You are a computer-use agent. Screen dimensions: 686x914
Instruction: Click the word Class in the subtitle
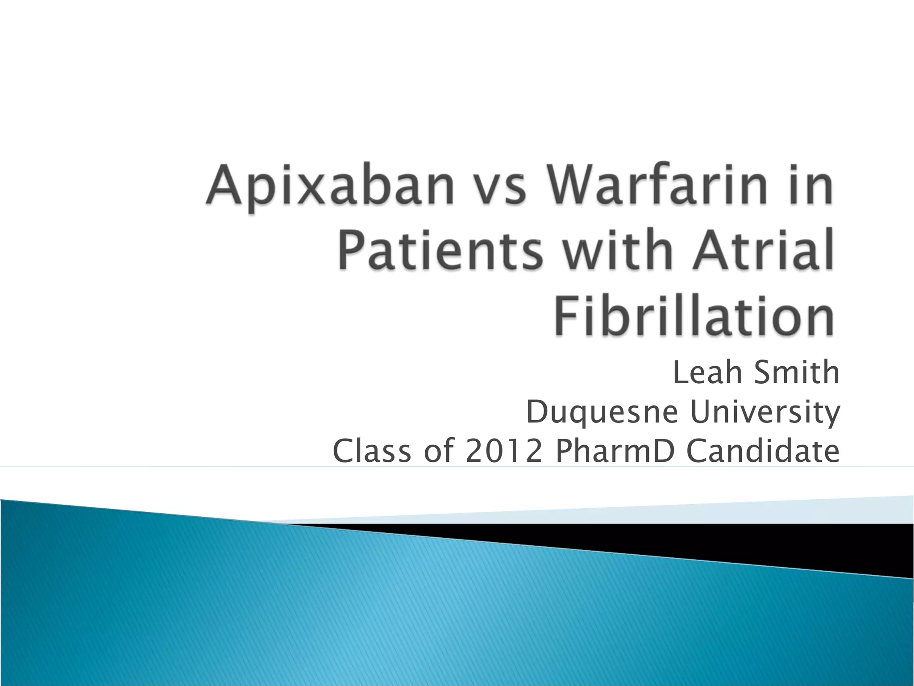click(372, 451)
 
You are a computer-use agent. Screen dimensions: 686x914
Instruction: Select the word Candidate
click(763, 451)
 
